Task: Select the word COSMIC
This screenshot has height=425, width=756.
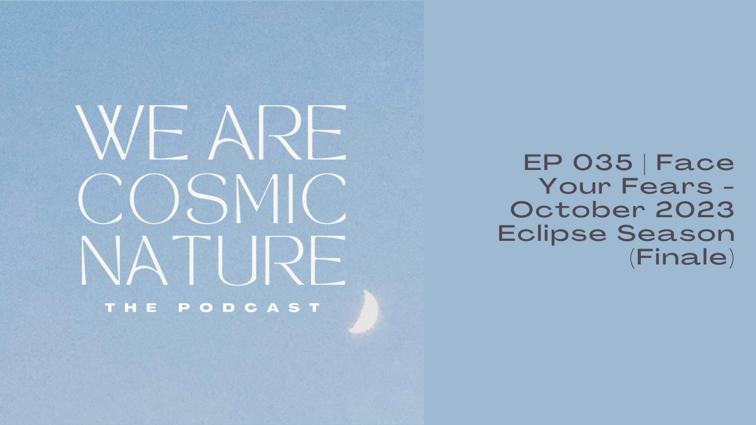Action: tap(212, 197)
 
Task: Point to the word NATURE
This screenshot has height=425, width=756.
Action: tap(212, 260)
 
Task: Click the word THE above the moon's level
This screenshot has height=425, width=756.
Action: tap(131, 308)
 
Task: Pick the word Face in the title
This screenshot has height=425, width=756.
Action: tap(695, 162)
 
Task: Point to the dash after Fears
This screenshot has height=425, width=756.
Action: tap(728, 188)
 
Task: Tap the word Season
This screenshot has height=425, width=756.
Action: tap(676, 234)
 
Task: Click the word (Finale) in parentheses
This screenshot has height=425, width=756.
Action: tap(682, 259)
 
